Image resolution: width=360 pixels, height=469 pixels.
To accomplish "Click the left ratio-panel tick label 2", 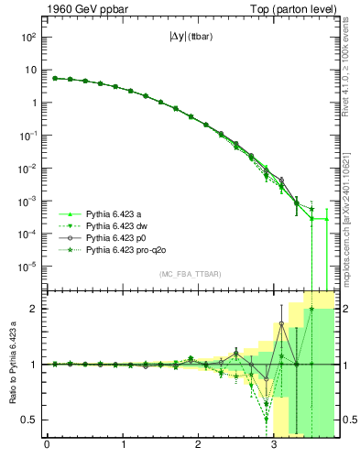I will (37, 309).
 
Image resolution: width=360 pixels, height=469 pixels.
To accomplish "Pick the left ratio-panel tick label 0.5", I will (32, 420).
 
